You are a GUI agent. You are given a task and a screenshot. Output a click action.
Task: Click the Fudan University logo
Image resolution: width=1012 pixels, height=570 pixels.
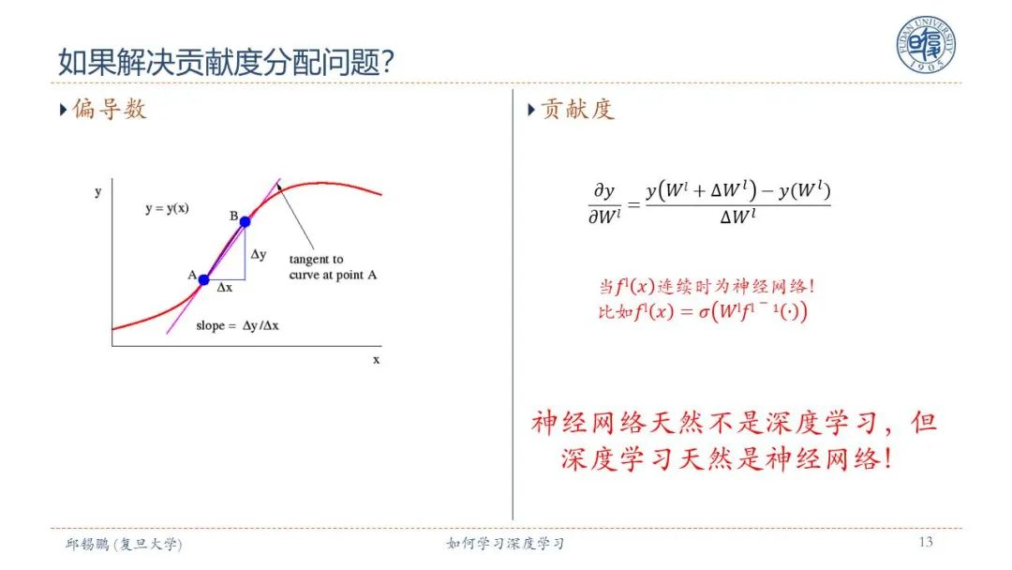coord(926,44)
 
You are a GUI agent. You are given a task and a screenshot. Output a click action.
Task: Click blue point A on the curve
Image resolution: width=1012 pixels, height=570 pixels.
coord(204,279)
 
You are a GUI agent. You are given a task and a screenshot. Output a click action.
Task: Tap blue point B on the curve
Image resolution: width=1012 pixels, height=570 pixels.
coord(246,221)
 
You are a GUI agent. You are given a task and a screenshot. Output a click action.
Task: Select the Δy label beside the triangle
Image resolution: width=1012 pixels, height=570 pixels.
coord(259,254)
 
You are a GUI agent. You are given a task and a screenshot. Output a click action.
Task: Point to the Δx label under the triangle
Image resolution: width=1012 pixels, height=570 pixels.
coord(225,287)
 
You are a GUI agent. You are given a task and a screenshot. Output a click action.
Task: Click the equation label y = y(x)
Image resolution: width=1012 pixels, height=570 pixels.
coord(167,208)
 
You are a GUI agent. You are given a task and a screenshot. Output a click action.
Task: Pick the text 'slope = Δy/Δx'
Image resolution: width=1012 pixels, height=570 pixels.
coord(237,325)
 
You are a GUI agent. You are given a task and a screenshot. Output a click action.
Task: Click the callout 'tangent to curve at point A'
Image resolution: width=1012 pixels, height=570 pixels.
coord(333,267)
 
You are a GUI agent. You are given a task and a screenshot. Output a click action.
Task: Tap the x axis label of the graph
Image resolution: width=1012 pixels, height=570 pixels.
coord(377,360)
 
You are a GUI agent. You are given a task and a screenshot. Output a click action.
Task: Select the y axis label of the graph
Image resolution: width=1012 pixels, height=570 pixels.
coord(98,192)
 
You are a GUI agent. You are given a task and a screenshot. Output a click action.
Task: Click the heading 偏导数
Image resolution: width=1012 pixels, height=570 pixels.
coord(109,109)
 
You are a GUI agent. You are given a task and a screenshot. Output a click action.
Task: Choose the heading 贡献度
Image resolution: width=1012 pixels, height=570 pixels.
coord(577,109)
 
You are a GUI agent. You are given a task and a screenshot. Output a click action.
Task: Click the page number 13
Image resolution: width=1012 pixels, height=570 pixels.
coord(926,542)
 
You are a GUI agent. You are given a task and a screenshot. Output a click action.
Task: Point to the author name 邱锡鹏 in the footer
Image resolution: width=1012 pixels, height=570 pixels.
coord(87,544)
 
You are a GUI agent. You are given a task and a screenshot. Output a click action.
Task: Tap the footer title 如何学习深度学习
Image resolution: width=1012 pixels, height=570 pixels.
coord(505,544)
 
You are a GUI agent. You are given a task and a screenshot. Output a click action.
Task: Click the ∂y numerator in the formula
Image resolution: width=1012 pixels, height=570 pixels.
coord(604,191)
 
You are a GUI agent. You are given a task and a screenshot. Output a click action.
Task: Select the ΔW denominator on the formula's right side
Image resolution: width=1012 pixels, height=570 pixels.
coord(737,217)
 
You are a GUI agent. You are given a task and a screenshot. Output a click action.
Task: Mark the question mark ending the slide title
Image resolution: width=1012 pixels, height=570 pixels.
coord(387,62)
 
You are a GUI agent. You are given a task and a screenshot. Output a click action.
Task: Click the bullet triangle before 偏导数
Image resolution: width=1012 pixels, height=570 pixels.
coord(64,110)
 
